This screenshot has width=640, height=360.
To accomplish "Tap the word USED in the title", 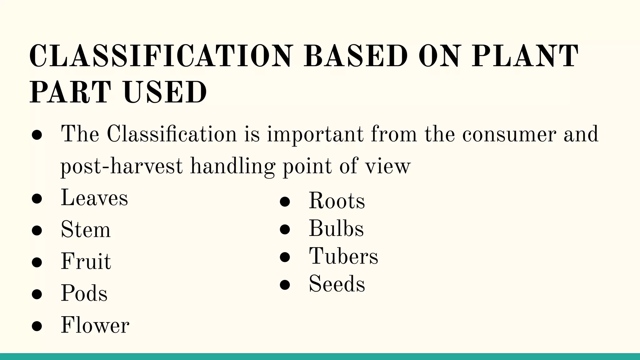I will (x=165, y=92).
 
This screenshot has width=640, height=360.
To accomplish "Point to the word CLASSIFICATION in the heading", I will (x=161, y=56).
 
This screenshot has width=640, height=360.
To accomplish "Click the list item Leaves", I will (x=94, y=198).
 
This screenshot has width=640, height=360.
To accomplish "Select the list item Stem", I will (x=86, y=230).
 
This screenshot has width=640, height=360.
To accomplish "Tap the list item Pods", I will (x=84, y=293).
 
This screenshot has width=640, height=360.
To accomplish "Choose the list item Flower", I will (x=95, y=325).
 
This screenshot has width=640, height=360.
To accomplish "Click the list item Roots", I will (x=337, y=201).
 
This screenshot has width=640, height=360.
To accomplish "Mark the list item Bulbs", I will (x=336, y=228).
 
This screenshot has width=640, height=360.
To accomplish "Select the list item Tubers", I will (x=343, y=256).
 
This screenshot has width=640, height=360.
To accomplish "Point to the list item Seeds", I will (x=337, y=284).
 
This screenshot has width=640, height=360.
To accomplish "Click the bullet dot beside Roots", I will (x=285, y=202).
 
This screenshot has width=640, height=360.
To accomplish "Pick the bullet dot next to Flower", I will (x=37, y=326).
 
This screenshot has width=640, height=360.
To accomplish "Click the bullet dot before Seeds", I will (x=285, y=285).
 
